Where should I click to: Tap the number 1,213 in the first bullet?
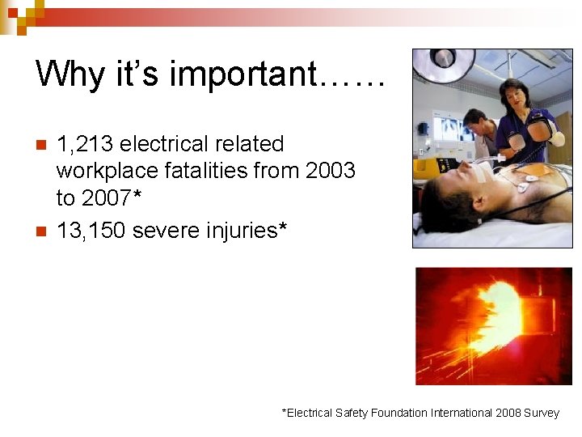pos(84,144)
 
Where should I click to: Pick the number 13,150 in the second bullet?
pos(91,231)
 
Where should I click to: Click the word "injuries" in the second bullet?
pos(242,231)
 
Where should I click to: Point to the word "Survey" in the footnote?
pos(541,413)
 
